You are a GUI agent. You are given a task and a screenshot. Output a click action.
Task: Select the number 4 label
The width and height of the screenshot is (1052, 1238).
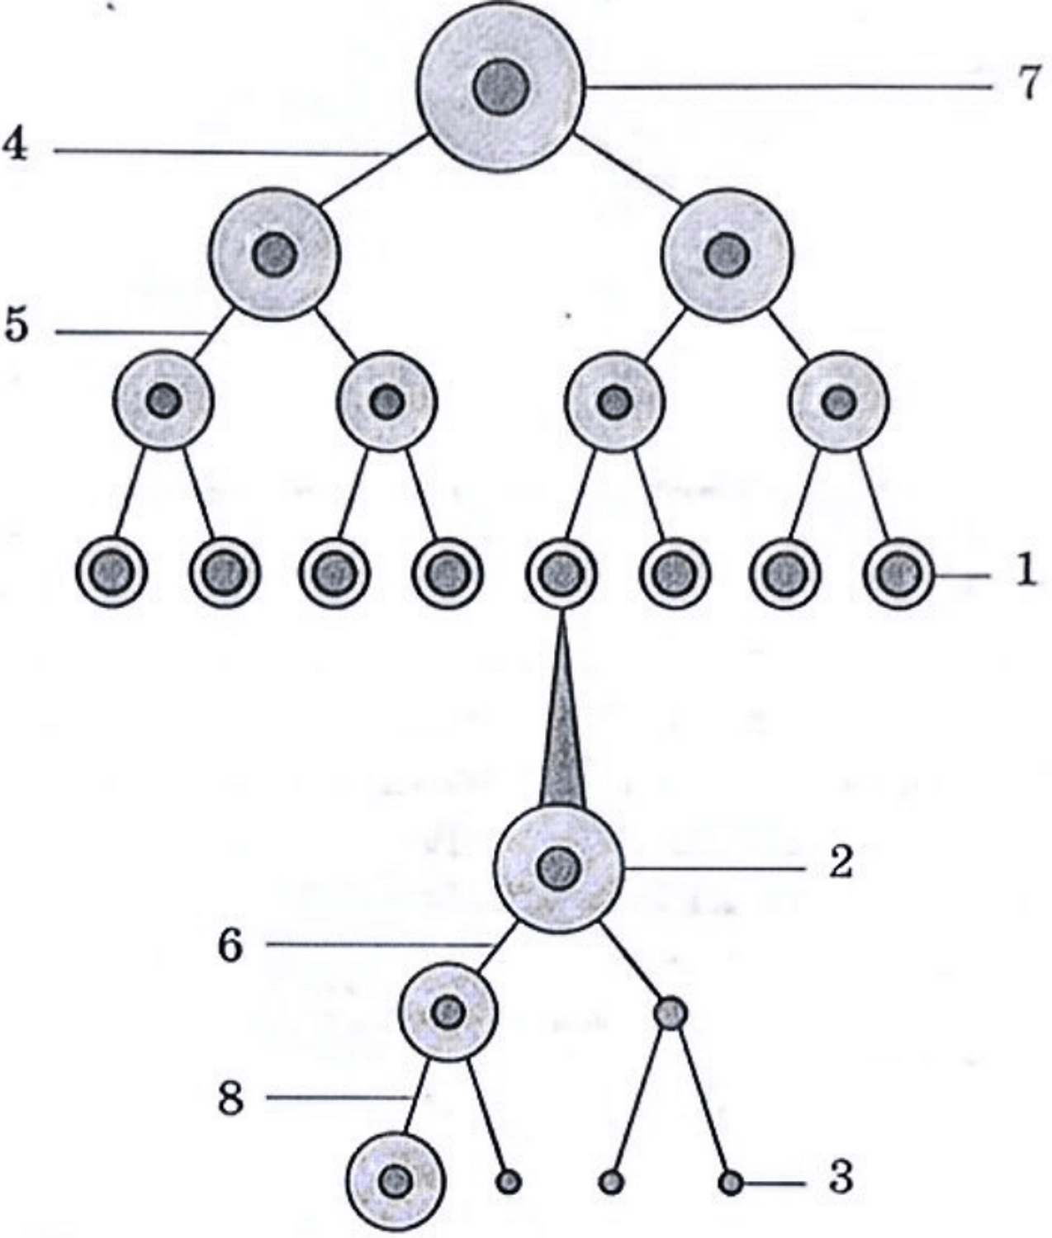pyautogui.click(x=17, y=145)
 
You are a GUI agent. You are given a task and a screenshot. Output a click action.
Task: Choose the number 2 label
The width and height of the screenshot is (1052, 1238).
pyautogui.click(x=841, y=863)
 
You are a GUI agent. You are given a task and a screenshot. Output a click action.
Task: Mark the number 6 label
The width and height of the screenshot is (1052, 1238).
pyautogui.click(x=230, y=947)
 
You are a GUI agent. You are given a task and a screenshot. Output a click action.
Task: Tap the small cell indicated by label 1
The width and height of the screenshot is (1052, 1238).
pyautogui.click(x=898, y=573)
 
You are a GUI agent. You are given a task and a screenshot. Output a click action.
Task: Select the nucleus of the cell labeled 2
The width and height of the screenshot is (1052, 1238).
pyautogui.click(x=558, y=868)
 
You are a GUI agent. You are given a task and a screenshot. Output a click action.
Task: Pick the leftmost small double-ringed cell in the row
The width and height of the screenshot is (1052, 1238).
pyautogui.click(x=111, y=573)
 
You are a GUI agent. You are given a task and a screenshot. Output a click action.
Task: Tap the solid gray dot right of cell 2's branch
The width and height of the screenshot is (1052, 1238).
pyautogui.click(x=671, y=1012)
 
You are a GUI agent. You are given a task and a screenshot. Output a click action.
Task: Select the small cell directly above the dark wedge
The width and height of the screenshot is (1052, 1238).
pyautogui.click(x=562, y=573)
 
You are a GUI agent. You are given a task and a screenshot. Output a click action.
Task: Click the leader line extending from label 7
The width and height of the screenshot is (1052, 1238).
pyautogui.click(x=789, y=87)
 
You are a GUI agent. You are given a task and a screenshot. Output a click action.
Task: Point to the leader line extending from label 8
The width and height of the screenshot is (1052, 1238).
pyautogui.click(x=339, y=1097)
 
